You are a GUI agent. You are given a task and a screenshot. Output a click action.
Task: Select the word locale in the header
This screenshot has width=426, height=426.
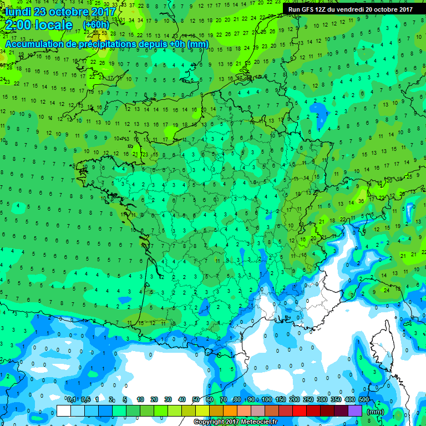pos(54,26)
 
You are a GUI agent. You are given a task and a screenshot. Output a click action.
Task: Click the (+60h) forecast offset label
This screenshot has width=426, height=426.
pos(96,26)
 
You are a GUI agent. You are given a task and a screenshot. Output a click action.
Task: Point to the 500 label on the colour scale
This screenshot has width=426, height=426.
pos(364,400)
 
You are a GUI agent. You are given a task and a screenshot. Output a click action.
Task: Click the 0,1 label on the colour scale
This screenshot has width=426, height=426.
pos(71,400)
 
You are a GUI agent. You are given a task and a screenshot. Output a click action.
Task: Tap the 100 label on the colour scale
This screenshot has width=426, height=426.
pos(267,400)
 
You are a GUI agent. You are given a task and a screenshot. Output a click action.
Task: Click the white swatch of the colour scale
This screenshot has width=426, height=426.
pos(64,411)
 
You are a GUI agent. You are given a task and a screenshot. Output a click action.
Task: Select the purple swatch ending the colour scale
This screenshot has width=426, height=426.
pos(355,411)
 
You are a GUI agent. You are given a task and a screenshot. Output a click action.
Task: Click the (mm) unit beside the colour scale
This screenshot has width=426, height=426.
pos(376,412)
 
